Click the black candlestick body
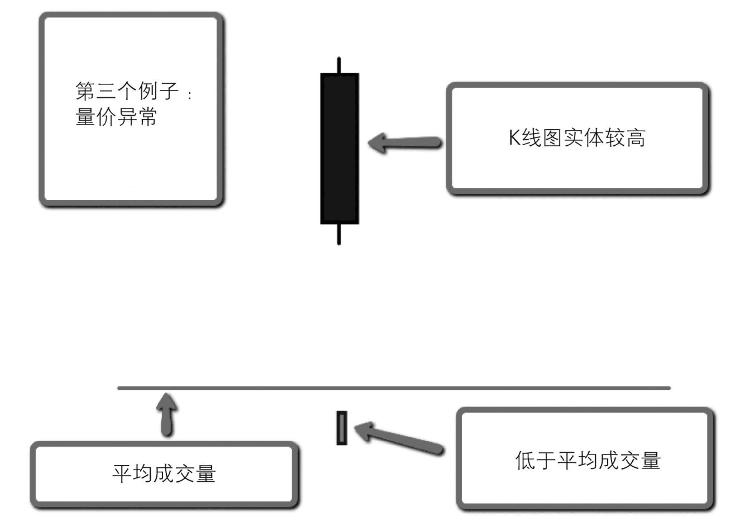point(339,149)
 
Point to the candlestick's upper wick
point(339,65)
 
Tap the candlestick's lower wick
point(339,234)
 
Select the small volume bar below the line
point(342,428)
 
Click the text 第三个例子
point(127,91)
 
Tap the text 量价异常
point(116,116)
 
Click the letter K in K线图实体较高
point(514,138)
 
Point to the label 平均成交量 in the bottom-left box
point(164,473)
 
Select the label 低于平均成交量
point(588,460)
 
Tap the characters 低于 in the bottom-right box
point(535,460)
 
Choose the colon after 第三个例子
point(190,95)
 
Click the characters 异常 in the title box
point(137,116)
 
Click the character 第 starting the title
point(85,91)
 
